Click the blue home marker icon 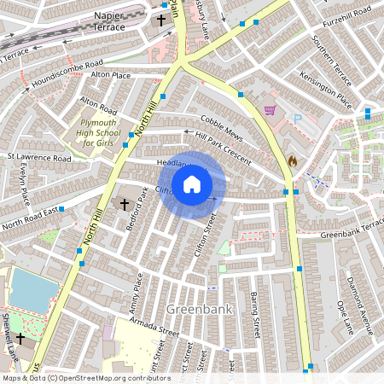[x=192, y=184]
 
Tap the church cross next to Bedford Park [x=125, y=205]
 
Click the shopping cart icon [x=271, y=110]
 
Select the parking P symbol [x=298, y=119]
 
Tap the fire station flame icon [x=292, y=160]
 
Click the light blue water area [x=32, y=291]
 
